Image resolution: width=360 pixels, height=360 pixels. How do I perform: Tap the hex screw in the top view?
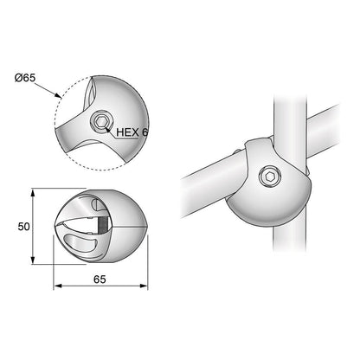(101, 122)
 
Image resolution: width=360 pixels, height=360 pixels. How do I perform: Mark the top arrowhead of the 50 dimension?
(34, 190)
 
